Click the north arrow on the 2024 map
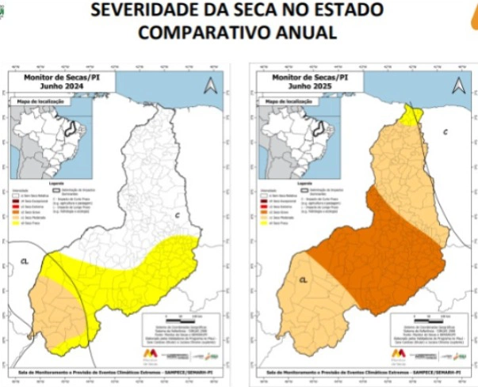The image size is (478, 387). pos(210,85)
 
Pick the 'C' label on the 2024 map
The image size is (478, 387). pos(177,215)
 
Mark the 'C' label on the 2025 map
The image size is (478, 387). pos(445,131)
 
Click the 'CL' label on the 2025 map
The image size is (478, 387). pos(303,279)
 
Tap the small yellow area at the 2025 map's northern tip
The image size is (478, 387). pos(411,117)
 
